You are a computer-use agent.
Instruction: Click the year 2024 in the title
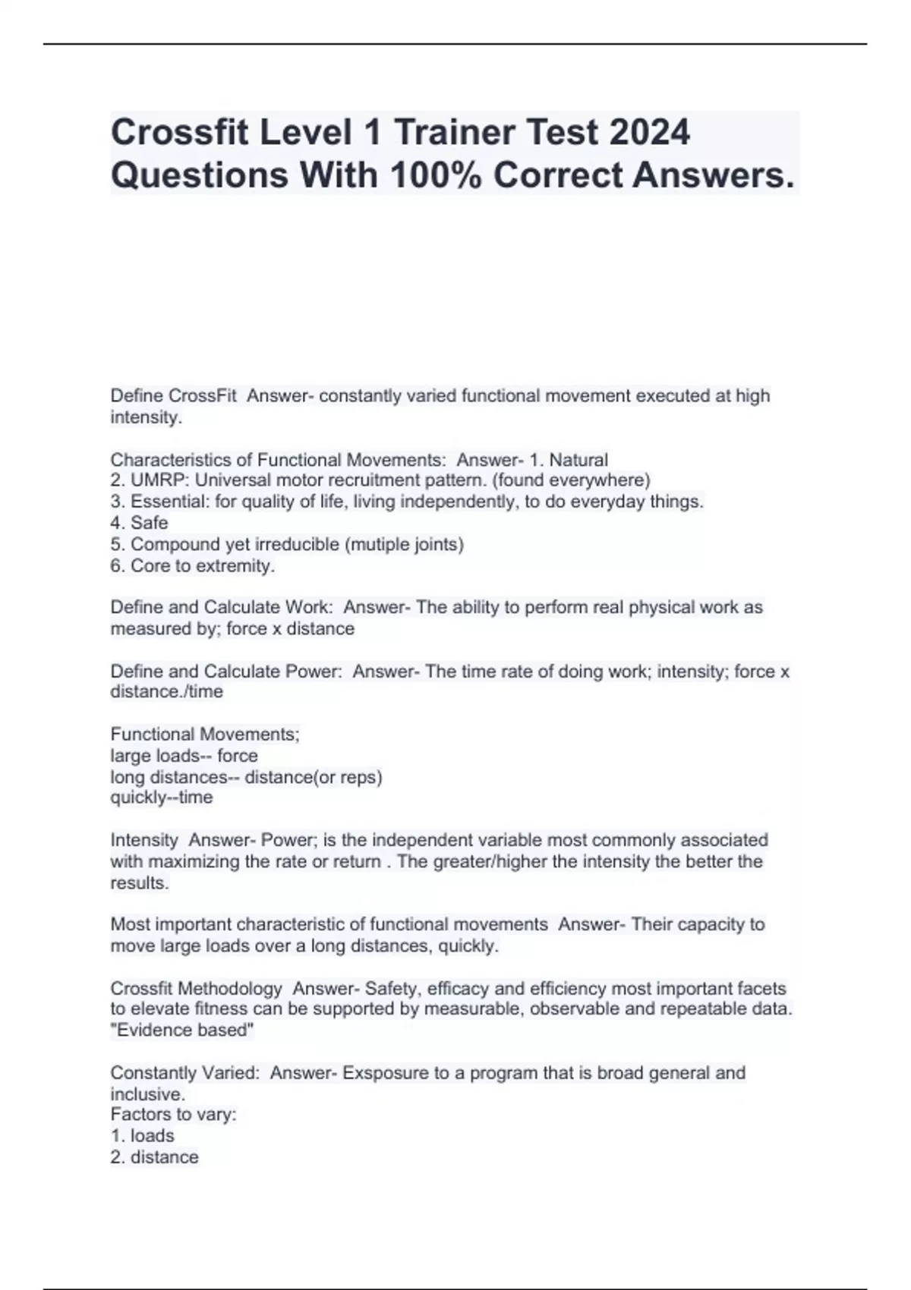pos(648,132)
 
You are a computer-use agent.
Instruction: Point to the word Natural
pos(578,460)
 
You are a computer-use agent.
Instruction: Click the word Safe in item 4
pos(149,523)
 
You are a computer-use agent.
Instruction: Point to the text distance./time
pos(166,691)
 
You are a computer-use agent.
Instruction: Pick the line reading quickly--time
pos(162,798)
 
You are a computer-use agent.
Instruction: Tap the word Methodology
pos(229,989)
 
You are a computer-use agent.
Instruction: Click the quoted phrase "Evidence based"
pos(182,1030)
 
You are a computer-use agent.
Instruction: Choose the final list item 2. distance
pos(155,1157)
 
